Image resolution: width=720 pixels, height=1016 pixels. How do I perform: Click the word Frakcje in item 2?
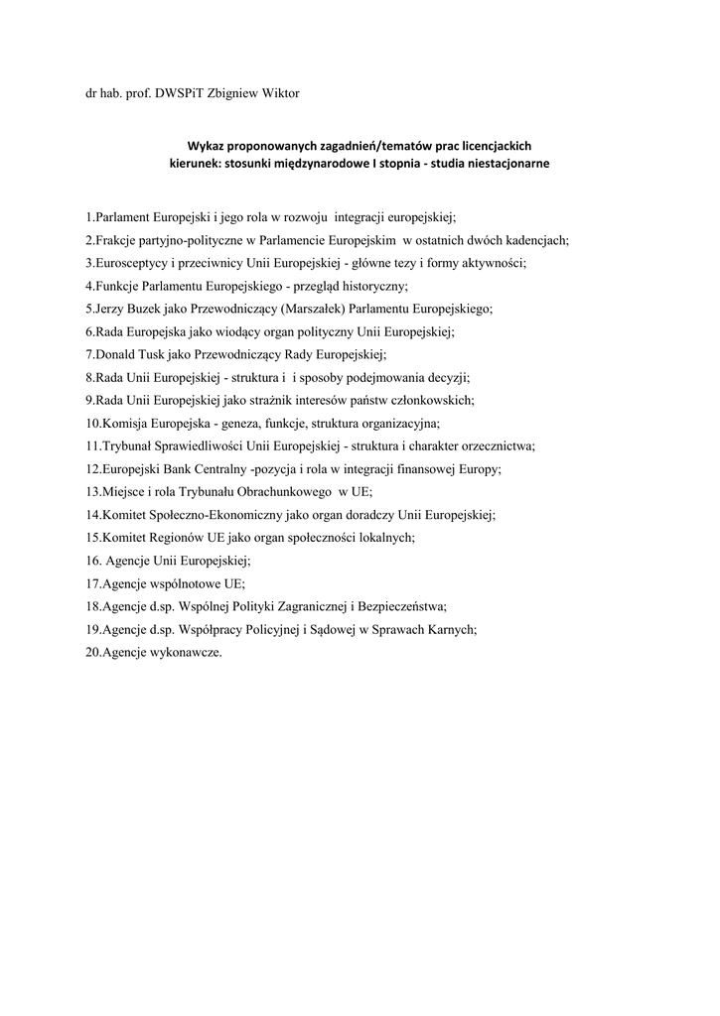tap(115, 241)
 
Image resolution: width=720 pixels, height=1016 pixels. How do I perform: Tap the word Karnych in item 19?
tap(451, 629)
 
